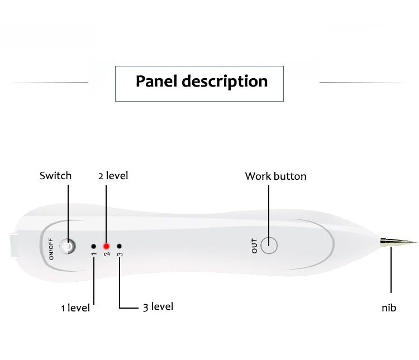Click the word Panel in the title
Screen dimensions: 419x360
(156, 81)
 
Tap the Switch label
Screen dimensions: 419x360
(55, 176)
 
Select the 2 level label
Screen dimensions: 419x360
(113, 176)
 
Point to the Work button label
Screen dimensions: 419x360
(276, 176)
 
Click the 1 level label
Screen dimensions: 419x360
(75, 308)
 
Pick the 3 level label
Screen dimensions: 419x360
(158, 307)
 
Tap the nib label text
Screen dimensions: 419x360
(389, 308)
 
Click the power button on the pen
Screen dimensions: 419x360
(68, 246)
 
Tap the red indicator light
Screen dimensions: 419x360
(106, 246)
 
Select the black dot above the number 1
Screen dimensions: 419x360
(93, 246)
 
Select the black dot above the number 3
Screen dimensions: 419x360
(119, 246)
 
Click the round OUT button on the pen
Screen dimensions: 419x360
(269, 246)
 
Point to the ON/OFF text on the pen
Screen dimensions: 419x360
(51, 249)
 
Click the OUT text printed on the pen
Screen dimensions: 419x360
(254, 246)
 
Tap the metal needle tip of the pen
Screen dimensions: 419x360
(398, 242)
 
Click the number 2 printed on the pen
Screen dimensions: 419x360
(107, 254)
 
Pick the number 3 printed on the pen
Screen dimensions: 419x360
(120, 254)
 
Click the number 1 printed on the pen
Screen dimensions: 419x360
(94, 254)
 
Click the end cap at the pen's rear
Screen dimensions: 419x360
(14, 246)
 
